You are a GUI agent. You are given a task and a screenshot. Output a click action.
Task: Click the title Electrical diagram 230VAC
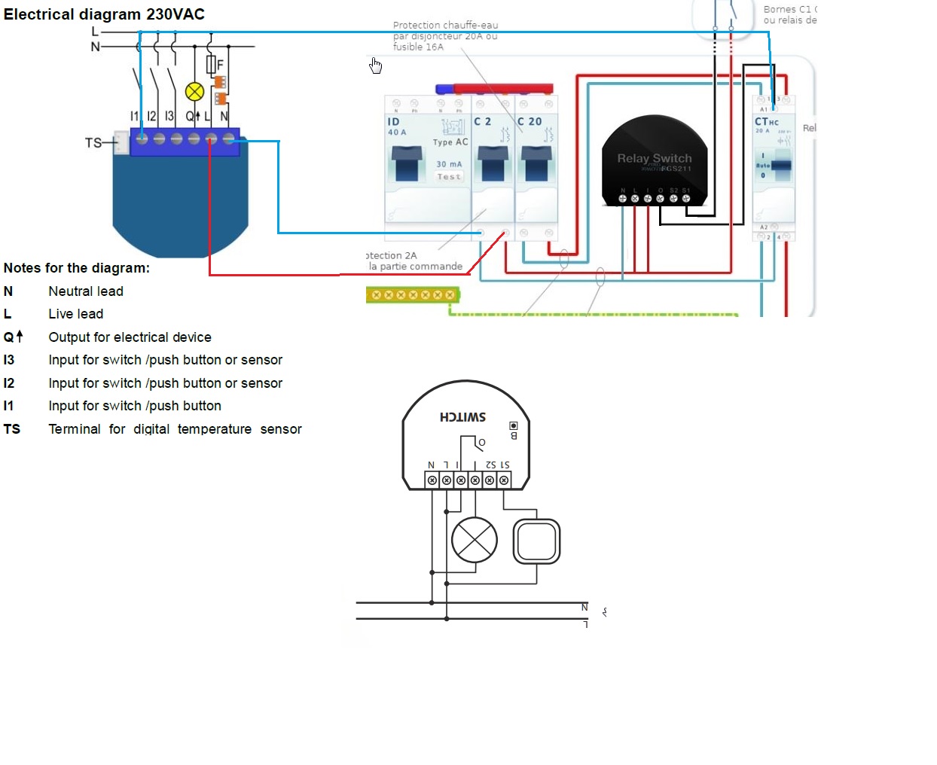pos(104,14)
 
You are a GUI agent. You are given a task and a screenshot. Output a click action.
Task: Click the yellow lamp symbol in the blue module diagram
pos(194,92)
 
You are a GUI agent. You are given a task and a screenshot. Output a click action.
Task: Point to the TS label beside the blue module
pos(93,142)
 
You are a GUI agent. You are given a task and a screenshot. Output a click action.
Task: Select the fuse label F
pos(220,65)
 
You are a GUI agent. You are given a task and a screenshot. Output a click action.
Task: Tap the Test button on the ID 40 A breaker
pos(449,177)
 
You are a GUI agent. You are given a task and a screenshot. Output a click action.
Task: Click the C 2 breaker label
pos(482,121)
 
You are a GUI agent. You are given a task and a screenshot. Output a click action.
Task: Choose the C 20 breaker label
pos(530,121)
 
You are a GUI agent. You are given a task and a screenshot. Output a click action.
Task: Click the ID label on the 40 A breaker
pos(393,121)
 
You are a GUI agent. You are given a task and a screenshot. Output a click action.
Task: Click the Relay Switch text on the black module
pos(654,158)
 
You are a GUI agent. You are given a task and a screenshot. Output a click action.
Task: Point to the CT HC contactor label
pos(766,121)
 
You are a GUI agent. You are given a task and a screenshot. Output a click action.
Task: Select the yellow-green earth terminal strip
pos(413,294)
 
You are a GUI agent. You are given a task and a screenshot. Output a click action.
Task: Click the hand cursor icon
pos(375,66)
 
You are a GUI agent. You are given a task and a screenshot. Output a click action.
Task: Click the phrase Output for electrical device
pos(130,337)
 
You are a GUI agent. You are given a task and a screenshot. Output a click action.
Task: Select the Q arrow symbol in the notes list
pos(14,337)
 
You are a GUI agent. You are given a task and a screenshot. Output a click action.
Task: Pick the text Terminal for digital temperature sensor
pos(175,429)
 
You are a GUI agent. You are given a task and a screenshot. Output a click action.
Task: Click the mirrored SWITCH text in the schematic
pos(462,417)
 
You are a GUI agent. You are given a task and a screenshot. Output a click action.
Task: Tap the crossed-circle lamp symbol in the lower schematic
pos(475,541)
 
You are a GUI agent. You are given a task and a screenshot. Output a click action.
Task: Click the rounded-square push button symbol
pos(536,541)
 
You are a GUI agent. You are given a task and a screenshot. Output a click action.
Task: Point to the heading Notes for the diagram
pos(76,268)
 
